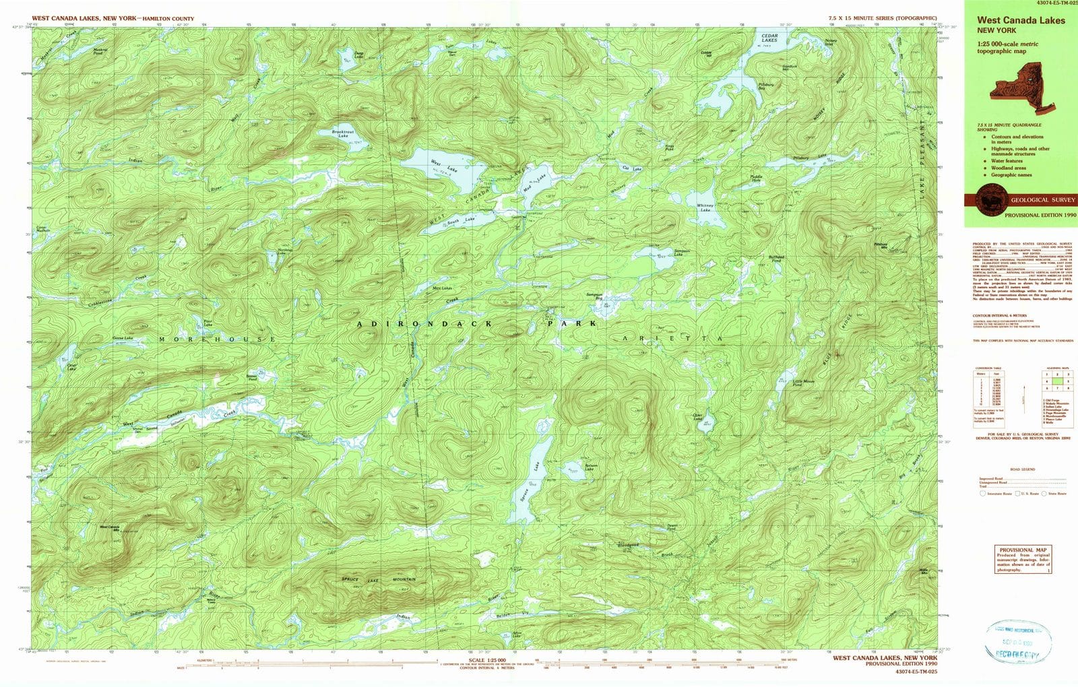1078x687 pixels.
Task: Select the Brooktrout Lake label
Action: click(343, 134)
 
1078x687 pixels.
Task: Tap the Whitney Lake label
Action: click(705, 207)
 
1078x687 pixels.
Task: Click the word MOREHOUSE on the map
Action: click(217, 339)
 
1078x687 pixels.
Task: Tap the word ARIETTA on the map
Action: click(672, 337)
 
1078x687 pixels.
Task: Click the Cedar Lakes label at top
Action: click(769, 38)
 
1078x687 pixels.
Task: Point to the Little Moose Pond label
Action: click(802, 381)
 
